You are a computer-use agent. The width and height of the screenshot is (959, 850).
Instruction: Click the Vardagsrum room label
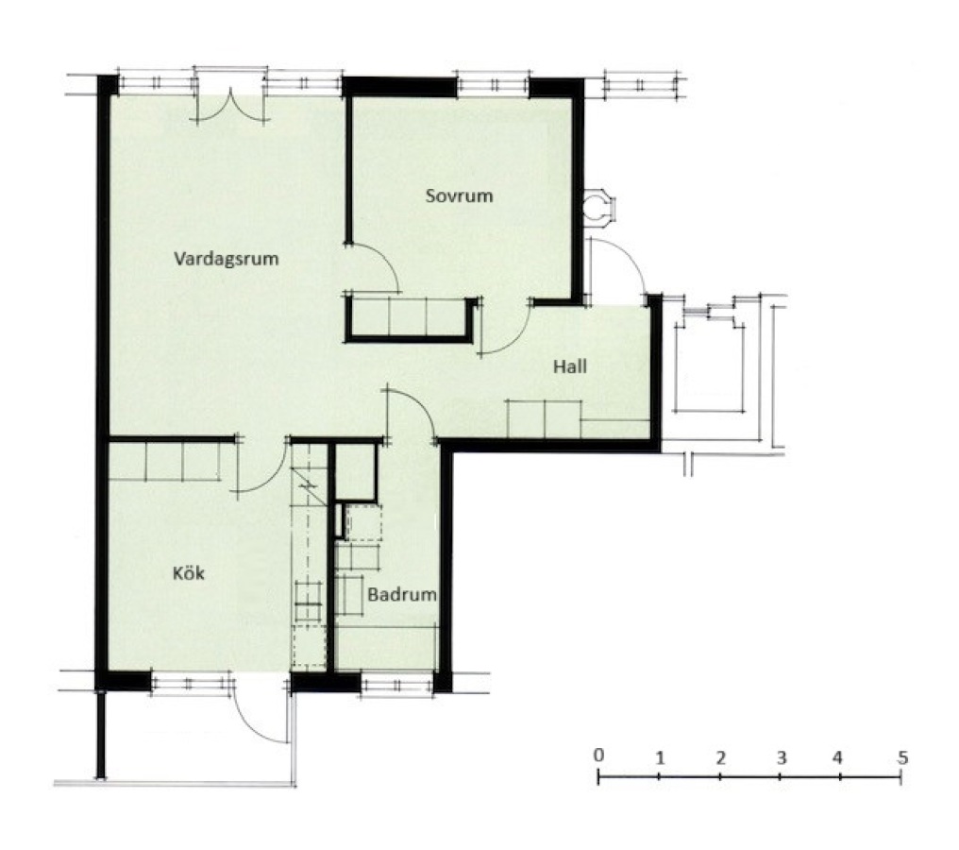click(227, 258)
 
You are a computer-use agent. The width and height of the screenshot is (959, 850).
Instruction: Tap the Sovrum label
click(460, 195)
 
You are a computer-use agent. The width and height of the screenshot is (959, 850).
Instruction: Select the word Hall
click(570, 366)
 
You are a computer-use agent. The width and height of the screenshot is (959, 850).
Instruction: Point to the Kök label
click(189, 572)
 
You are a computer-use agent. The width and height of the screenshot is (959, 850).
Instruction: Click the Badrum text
click(402, 594)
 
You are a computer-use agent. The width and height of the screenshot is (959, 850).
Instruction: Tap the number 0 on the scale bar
click(598, 755)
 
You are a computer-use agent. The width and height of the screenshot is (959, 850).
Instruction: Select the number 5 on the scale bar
click(902, 757)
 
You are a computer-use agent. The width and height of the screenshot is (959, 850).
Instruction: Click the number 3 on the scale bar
click(782, 757)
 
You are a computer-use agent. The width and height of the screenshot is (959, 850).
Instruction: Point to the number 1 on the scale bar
click(660, 758)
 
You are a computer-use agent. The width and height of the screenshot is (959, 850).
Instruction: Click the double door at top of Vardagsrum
click(231, 105)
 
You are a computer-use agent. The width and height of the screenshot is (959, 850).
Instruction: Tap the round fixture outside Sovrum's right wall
click(596, 206)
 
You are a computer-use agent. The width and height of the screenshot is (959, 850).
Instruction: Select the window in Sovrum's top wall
click(493, 85)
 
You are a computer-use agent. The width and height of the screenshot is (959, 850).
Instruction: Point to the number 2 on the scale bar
click(721, 758)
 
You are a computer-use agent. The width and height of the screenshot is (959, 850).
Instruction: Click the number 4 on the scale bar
click(837, 757)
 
